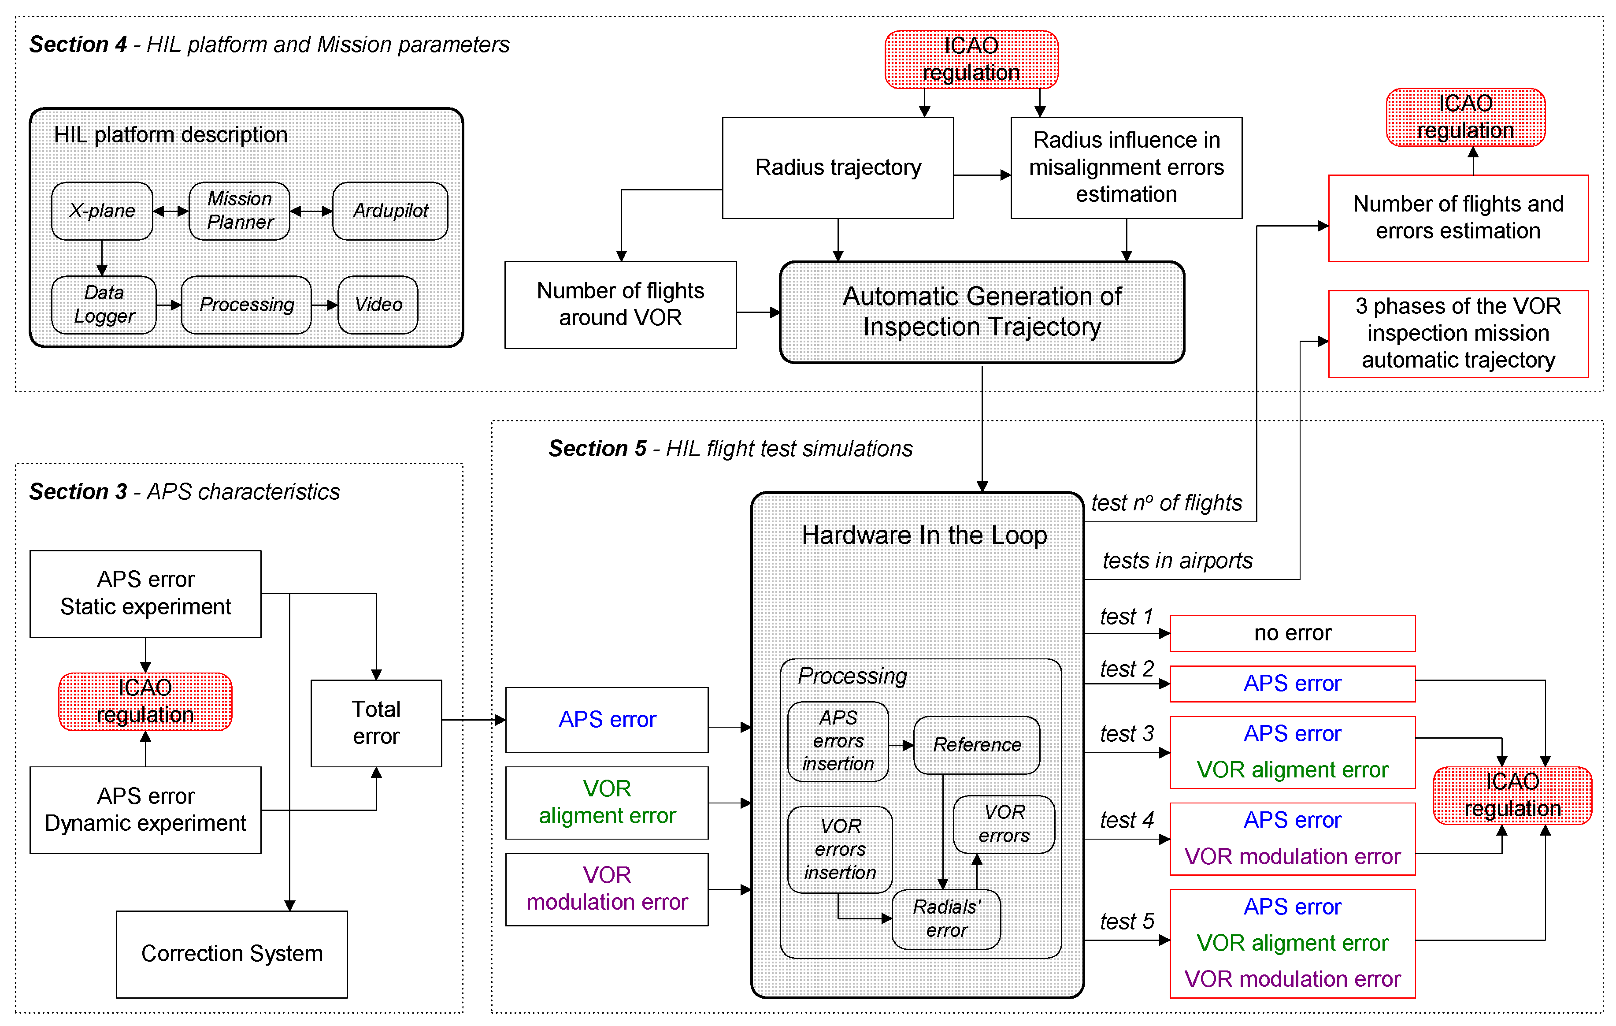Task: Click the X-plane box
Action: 102,211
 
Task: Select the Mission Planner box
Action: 240,211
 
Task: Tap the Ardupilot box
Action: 390,211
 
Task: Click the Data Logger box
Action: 104,305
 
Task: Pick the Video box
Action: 378,305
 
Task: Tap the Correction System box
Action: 232,953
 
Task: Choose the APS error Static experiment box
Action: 146,594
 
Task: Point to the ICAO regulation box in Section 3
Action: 146,702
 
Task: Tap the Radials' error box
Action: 946,918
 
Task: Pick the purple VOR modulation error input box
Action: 607,889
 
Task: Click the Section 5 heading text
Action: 730,449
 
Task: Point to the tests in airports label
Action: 1177,561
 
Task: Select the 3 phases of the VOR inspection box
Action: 1458,334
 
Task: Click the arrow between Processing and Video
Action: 325,305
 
